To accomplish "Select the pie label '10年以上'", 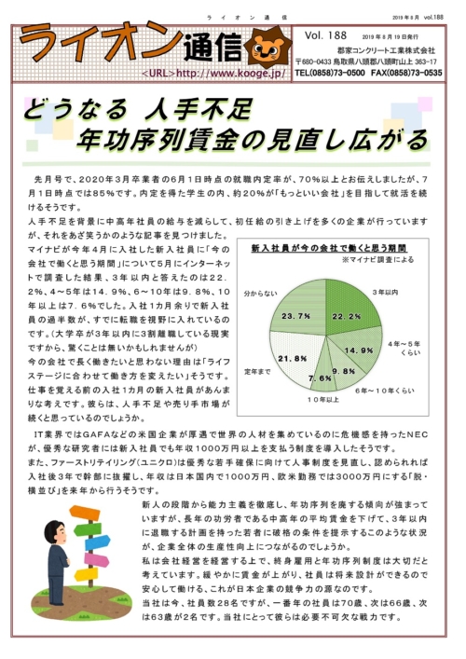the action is (327, 399).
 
